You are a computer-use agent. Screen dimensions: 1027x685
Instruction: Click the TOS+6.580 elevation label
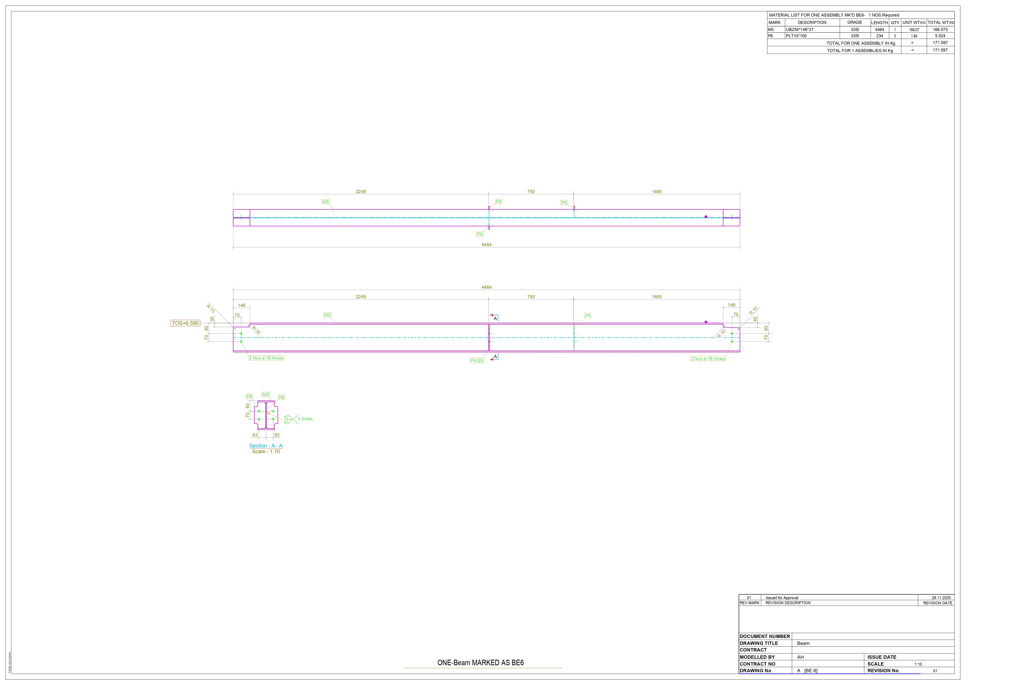click(x=185, y=323)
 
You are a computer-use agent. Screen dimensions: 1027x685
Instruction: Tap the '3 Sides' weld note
click(x=305, y=419)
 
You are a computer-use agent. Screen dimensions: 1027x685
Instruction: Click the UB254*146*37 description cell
click(x=800, y=30)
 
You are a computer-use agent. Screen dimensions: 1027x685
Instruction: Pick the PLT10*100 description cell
click(x=796, y=36)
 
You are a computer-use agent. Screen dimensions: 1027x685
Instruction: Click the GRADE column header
click(x=855, y=22)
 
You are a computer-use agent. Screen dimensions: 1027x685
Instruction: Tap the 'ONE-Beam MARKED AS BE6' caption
click(x=481, y=663)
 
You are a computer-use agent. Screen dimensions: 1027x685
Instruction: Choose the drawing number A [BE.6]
click(x=807, y=671)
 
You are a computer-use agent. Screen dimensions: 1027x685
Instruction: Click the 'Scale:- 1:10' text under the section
click(x=266, y=452)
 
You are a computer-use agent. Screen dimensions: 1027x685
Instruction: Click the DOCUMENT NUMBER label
click(x=765, y=637)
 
